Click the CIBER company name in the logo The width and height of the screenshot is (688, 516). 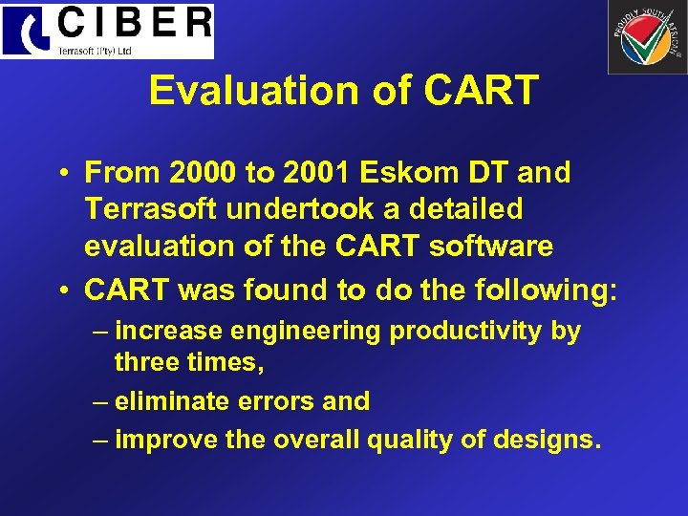pos(133,22)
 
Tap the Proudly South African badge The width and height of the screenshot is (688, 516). pos(647,37)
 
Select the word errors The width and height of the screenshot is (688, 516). pos(280,401)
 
